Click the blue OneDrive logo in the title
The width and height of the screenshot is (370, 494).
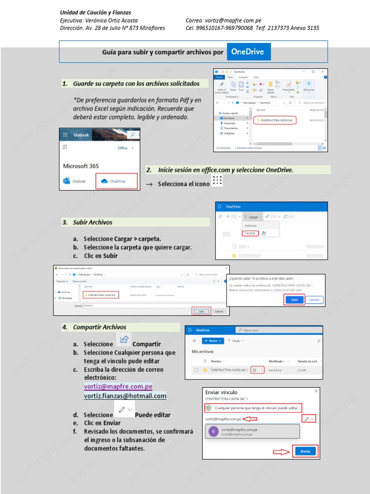(248, 52)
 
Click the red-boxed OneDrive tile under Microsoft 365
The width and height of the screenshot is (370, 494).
(116, 181)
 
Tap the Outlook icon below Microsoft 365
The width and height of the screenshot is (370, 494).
(67, 181)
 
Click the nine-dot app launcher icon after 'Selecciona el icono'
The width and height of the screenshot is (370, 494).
(217, 180)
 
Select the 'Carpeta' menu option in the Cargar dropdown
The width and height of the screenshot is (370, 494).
(250, 233)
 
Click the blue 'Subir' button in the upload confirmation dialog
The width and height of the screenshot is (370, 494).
(294, 300)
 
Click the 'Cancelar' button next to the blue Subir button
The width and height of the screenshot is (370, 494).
(314, 300)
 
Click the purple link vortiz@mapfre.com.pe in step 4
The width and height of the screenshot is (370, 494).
(118, 386)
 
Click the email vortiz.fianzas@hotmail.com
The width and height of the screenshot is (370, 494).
(125, 396)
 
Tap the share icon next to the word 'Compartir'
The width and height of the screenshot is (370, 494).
(124, 339)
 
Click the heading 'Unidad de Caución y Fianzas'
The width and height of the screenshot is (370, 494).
(95, 12)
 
